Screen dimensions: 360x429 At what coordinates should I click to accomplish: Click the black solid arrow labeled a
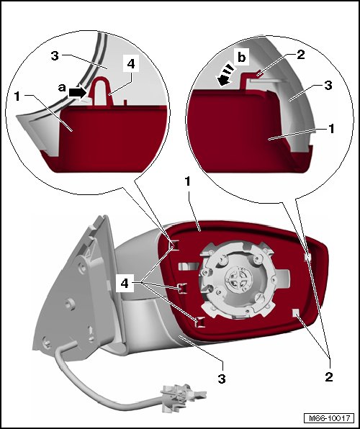[x=77, y=93]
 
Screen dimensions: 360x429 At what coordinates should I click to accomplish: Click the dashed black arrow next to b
[x=225, y=75]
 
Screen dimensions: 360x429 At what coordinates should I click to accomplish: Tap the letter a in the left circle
[x=62, y=88]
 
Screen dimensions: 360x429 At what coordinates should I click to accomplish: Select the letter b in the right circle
[x=241, y=58]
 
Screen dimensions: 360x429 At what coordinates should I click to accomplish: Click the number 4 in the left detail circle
[x=131, y=64]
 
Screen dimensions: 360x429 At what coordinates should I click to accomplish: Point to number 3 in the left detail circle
[x=55, y=55]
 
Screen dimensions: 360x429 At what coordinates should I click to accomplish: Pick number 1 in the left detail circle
[x=17, y=96]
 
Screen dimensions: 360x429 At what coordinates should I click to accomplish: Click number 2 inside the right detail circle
[x=300, y=55]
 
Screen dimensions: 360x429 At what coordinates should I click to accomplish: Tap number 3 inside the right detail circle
[x=328, y=86]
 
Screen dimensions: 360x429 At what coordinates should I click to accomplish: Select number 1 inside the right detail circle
[x=331, y=129]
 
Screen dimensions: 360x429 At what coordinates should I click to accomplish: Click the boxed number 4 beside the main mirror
[x=125, y=284]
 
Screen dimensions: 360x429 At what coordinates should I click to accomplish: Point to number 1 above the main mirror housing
[x=187, y=181]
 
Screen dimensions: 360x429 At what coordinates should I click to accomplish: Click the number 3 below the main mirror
[x=222, y=379]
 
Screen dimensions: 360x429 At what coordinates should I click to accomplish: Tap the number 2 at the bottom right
[x=329, y=377]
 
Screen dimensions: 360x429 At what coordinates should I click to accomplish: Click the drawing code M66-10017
[x=329, y=418]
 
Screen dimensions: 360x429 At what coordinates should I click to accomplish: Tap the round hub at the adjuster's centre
[x=237, y=279]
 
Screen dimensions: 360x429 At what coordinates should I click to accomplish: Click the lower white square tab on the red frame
[x=296, y=312]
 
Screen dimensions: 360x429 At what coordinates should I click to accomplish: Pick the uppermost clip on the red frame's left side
[x=174, y=245]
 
